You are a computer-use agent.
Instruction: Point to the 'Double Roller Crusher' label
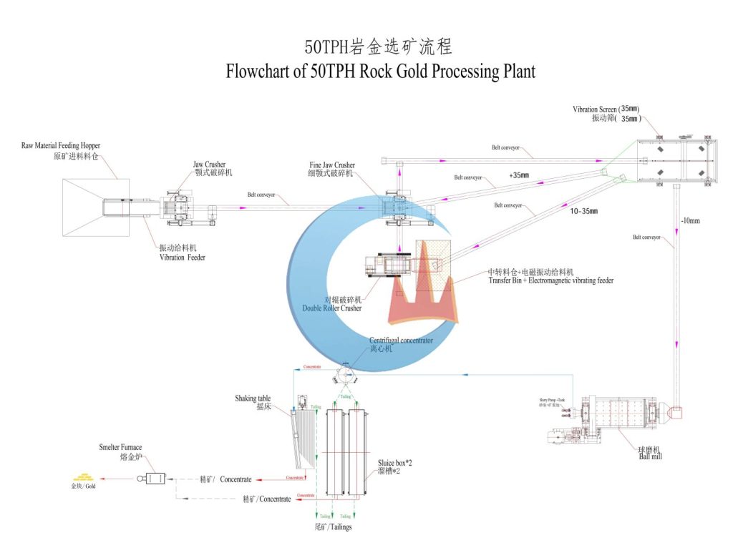[332, 308]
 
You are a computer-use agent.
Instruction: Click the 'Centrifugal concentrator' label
[401, 341]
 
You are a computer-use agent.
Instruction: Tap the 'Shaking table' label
[250, 398]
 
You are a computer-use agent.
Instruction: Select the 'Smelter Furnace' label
[120, 448]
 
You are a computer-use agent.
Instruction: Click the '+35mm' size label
[520, 175]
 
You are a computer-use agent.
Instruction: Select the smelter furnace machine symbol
[152, 479]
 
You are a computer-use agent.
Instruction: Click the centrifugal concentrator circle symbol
[347, 373]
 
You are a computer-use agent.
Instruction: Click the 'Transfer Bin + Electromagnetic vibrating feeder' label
[550, 280]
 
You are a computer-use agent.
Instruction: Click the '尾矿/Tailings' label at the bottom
[333, 527]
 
